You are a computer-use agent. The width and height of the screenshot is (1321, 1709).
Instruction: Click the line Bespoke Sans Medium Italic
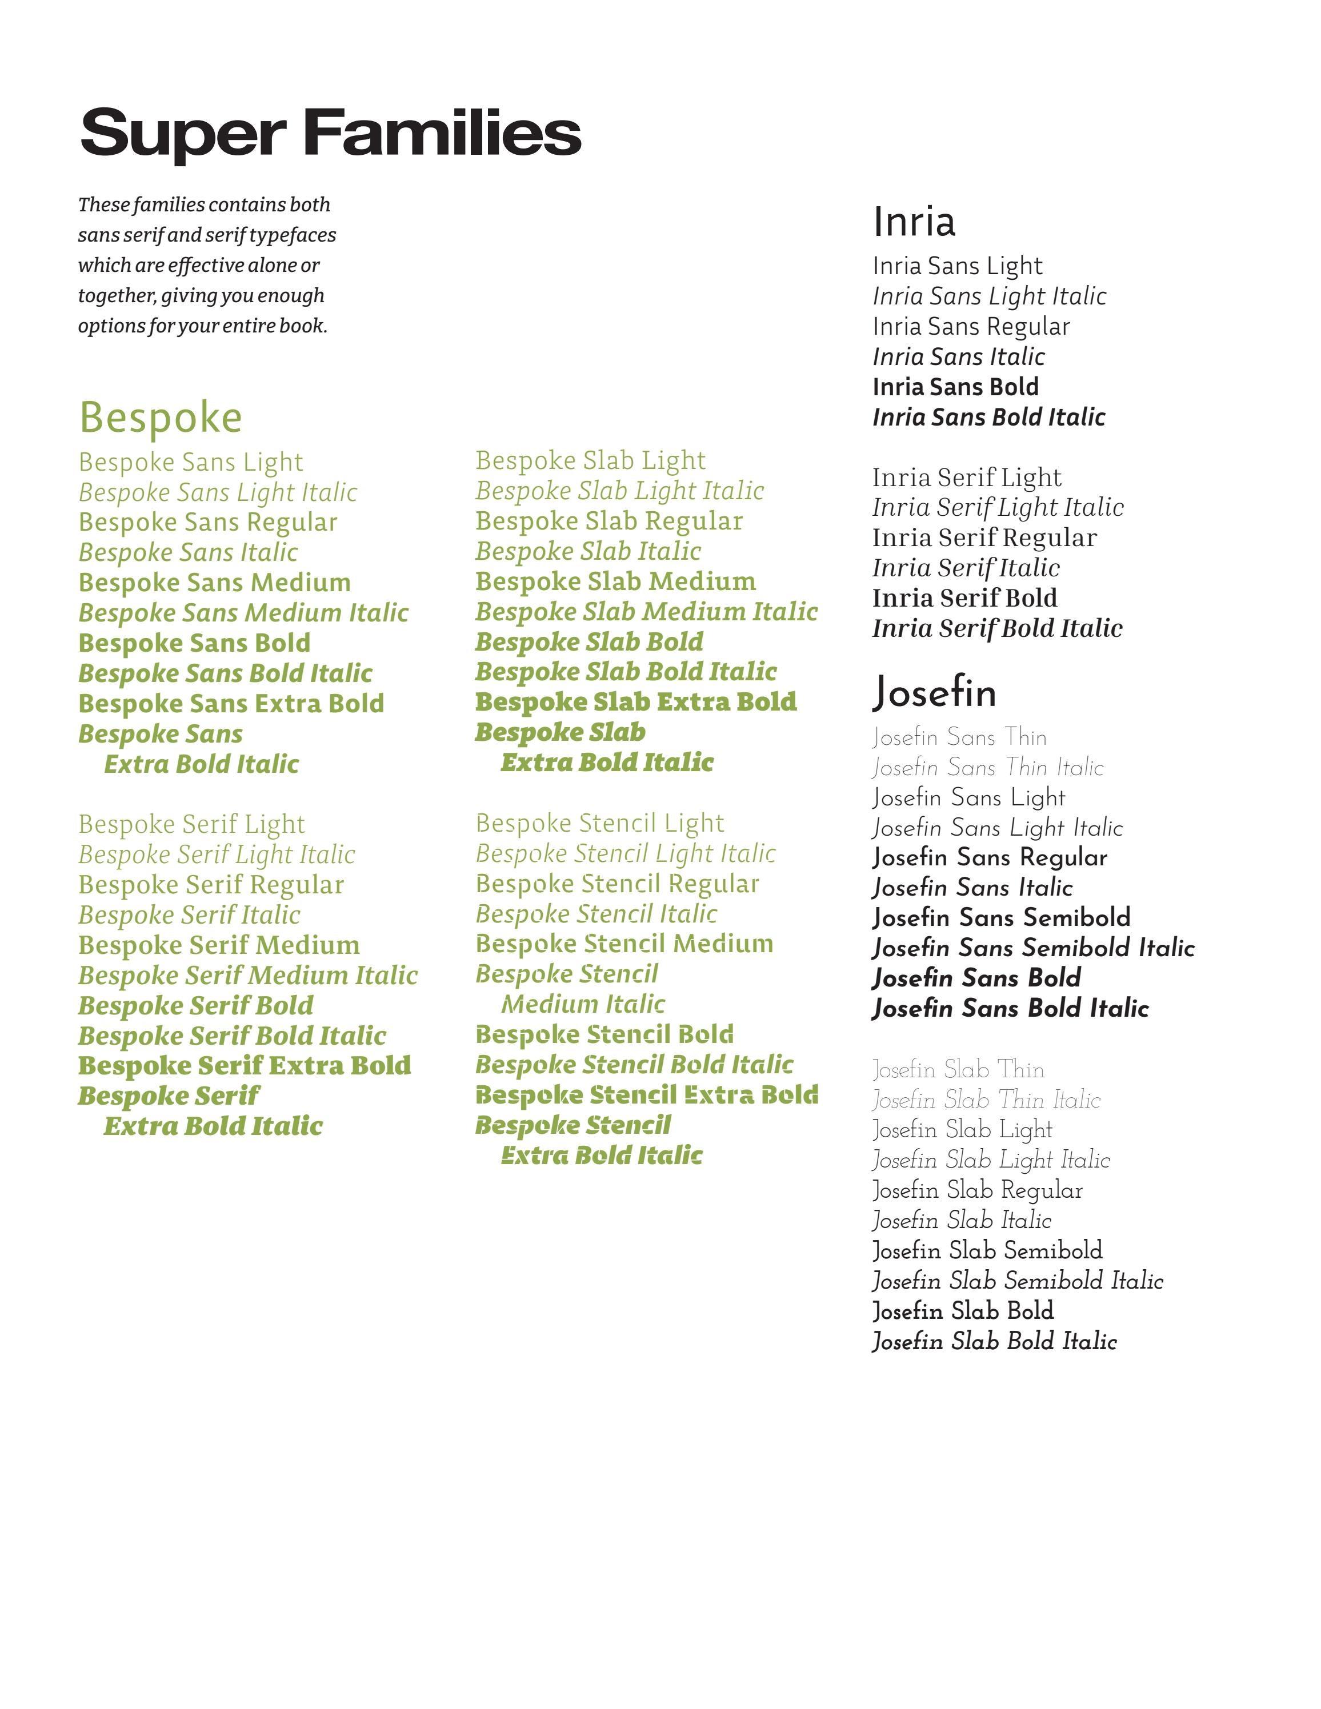243,613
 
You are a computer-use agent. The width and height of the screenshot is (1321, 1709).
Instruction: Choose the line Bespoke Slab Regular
609,521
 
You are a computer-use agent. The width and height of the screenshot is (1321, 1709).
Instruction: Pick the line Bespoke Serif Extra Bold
244,1066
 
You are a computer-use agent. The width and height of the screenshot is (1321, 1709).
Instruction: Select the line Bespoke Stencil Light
599,823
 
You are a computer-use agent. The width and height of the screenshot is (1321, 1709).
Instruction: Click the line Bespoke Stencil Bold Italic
634,1065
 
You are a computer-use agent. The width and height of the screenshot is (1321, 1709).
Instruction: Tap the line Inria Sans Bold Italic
988,417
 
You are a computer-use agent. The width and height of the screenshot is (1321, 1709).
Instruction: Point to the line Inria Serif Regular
984,539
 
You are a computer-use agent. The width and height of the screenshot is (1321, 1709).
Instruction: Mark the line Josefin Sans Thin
959,737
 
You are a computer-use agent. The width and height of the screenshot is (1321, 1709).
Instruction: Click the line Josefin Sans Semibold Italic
1033,948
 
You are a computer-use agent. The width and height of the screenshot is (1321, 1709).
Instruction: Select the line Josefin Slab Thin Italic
986,1100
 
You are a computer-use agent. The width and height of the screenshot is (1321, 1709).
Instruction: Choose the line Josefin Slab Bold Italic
994,1342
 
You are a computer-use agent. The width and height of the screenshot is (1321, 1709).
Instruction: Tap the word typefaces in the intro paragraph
293,235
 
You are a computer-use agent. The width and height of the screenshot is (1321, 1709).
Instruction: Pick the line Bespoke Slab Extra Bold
635,702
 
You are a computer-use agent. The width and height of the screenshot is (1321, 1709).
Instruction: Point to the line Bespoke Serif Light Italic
217,854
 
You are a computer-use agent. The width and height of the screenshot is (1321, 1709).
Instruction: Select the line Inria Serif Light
967,478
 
